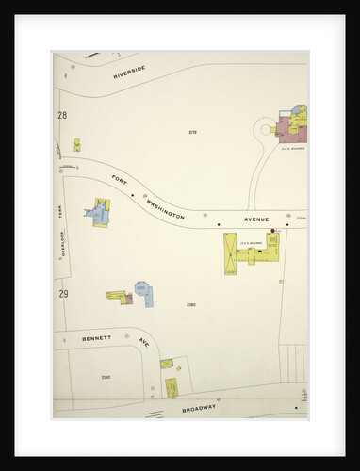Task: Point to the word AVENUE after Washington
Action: click(x=257, y=220)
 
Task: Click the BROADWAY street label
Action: click(x=199, y=409)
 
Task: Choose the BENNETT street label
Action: click(x=95, y=337)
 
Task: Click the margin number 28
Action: click(x=62, y=115)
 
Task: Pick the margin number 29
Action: click(x=63, y=295)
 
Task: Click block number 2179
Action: click(x=192, y=132)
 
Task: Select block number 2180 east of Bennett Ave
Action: click(x=190, y=304)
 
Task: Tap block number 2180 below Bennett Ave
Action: click(x=106, y=377)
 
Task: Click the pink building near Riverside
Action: click(x=286, y=129)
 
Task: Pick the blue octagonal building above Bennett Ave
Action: click(x=142, y=289)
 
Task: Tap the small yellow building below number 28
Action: click(x=76, y=145)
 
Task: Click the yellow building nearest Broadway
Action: click(x=172, y=387)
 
